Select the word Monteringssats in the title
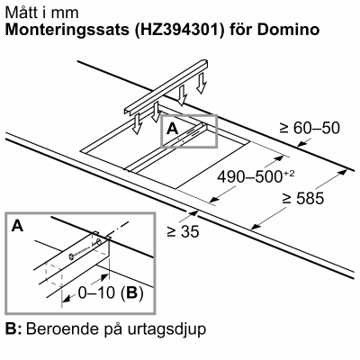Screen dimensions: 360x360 tap(67, 30)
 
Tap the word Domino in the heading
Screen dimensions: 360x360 tap(288, 29)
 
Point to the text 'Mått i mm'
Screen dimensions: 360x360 tap(42, 13)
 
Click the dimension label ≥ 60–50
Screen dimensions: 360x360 tap(310, 128)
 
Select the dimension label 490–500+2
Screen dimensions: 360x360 tap(256, 176)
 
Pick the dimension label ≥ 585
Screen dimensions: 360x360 tap(302, 198)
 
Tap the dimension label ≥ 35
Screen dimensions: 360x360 tap(183, 231)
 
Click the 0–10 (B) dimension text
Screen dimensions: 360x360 tap(111, 292)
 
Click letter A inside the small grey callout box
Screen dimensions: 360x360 tap(173, 129)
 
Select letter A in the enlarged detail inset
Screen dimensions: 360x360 tap(17, 226)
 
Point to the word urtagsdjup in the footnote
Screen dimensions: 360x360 tap(166, 329)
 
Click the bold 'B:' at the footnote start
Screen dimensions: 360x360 tap(13, 329)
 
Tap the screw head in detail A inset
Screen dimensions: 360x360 tap(72, 256)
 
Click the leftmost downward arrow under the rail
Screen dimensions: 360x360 tap(137, 124)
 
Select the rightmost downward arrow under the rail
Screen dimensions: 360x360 tap(202, 83)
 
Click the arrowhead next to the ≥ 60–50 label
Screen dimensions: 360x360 tap(301, 144)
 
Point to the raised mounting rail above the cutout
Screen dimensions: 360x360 tap(166, 87)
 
